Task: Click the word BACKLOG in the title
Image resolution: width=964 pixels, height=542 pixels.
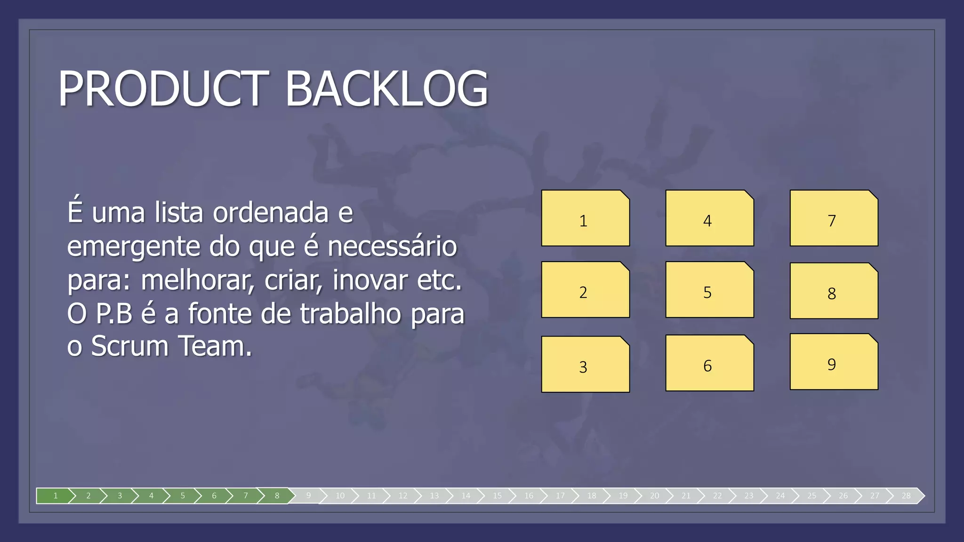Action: click(x=387, y=88)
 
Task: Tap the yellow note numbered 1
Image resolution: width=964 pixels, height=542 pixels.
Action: click(x=585, y=218)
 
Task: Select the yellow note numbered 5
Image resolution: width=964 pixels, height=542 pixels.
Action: click(x=709, y=290)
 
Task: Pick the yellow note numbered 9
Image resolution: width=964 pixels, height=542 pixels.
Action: click(x=834, y=362)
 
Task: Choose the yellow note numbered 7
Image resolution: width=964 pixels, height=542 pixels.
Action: click(x=834, y=218)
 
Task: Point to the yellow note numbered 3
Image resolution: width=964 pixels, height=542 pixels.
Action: click(x=585, y=364)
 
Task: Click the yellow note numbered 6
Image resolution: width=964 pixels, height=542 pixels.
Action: click(x=709, y=363)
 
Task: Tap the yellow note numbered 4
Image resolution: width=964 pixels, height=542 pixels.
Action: click(x=709, y=218)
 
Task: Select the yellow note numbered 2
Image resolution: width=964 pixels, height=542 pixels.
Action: click(x=585, y=290)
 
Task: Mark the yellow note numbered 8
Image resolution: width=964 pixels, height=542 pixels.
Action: click(x=834, y=291)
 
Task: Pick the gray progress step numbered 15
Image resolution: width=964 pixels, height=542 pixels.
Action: click(x=497, y=495)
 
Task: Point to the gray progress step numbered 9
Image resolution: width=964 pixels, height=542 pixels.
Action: click(x=308, y=495)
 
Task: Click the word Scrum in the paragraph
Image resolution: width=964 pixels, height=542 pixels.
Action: click(x=129, y=346)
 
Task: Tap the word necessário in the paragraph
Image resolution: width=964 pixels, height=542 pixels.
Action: click(x=392, y=246)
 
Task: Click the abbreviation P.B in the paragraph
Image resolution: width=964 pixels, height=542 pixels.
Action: click(x=114, y=313)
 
